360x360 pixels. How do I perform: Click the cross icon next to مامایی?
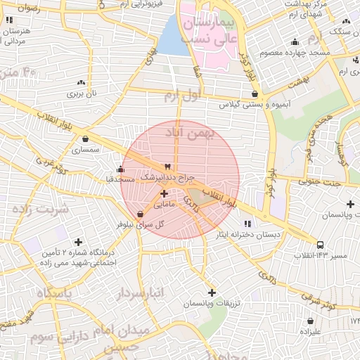click(x=164, y=193)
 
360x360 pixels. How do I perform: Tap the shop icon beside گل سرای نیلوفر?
click(x=140, y=214)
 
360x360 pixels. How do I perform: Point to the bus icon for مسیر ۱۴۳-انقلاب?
click(x=321, y=245)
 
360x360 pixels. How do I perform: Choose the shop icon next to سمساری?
click(x=86, y=139)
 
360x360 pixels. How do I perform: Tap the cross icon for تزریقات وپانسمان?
click(x=212, y=292)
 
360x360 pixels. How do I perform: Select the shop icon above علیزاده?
click(x=310, y=319)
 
